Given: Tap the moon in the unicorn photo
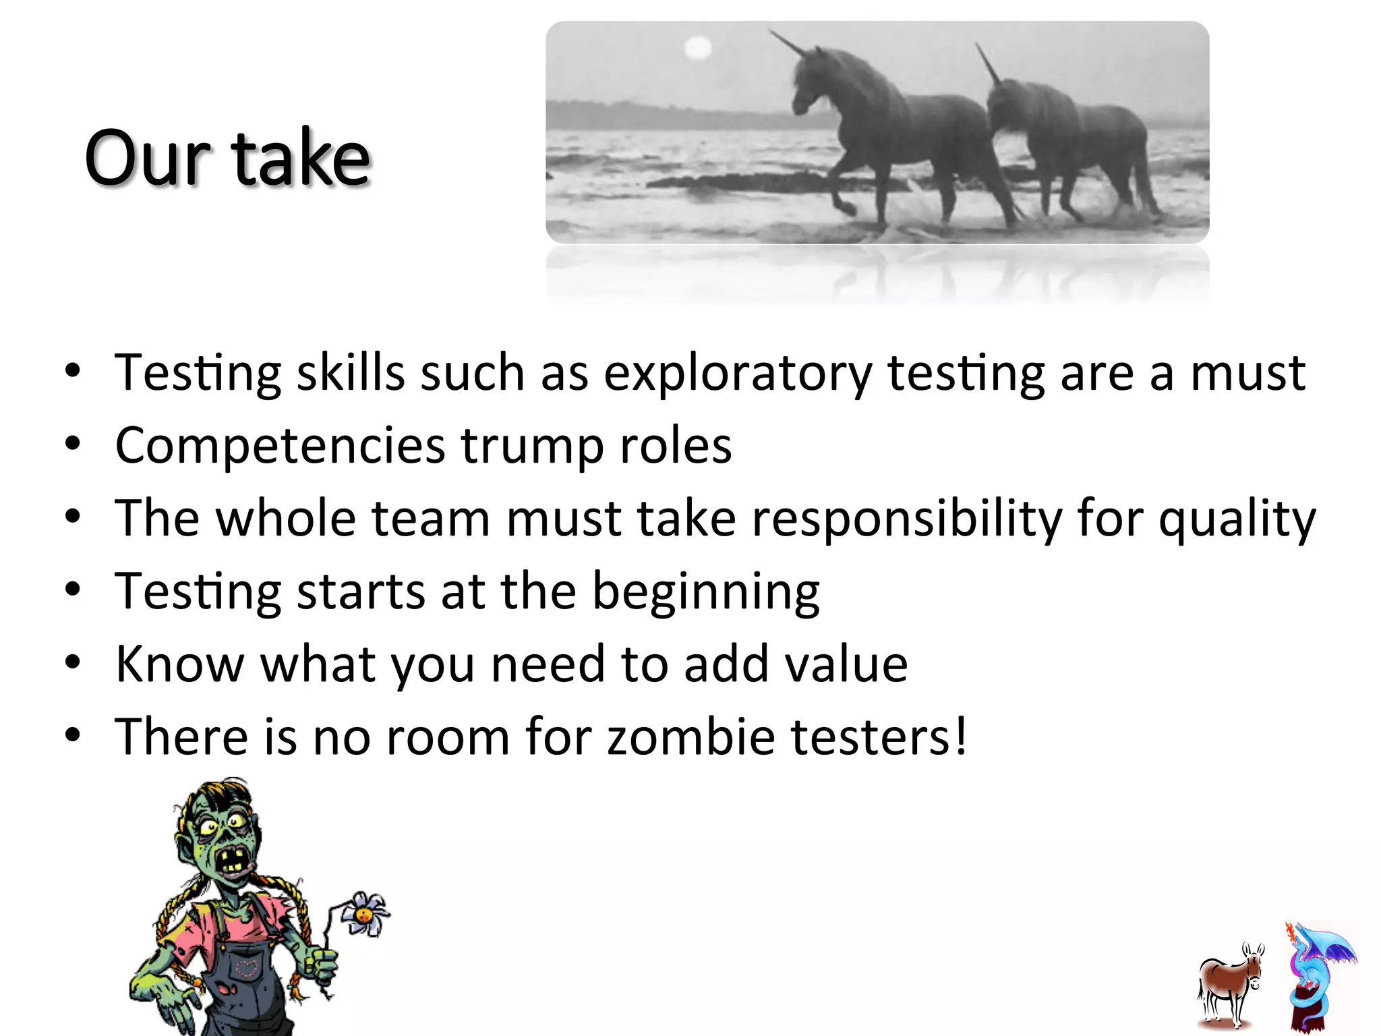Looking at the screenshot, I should tap(698, 48).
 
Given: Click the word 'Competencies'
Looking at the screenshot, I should tap(281, 446).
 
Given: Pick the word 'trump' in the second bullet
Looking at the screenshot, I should tap(533, 446).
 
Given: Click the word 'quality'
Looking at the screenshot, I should tap(1237, 519).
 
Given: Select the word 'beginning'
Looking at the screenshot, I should tap(705, 592).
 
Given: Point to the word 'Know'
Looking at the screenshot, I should tap(179, 664).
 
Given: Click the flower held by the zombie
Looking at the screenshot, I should tap(364, 914).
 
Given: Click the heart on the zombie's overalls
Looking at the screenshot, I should tap(246, 969).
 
